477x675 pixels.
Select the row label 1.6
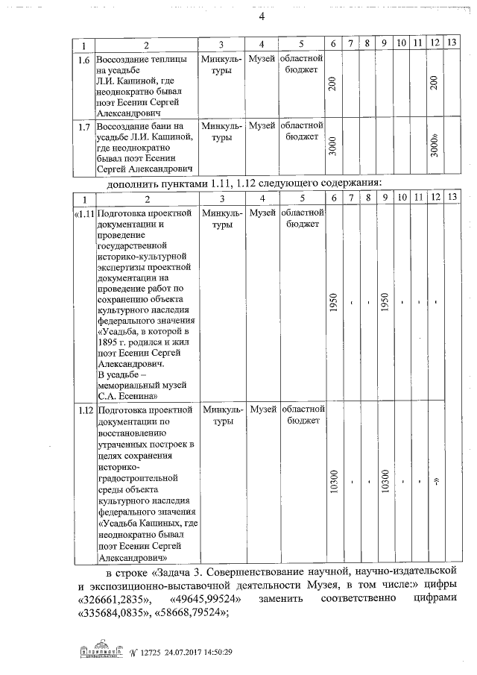pos(84,58)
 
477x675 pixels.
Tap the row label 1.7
pos(84,126)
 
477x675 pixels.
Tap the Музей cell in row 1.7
pos(262,126)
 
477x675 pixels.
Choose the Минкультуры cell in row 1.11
pos(222,220)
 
